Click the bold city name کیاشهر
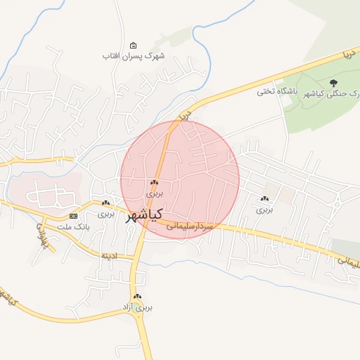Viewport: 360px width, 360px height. tap(143, 214)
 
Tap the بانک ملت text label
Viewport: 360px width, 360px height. tap(73, 227)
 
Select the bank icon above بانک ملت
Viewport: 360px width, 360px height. tap(73, 216)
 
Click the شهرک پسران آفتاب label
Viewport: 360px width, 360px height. tap(133, 56)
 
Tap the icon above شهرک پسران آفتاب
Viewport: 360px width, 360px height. tap(134, 46)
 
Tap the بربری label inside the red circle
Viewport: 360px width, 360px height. tap(154, 191)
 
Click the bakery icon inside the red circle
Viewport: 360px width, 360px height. tap(154, 181)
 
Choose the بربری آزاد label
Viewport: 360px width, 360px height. tap(137, 307)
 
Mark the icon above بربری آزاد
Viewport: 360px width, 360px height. tap(137, 297)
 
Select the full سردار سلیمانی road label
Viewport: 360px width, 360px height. tap(189, 227)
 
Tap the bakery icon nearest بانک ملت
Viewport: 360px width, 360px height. tap(105, 202)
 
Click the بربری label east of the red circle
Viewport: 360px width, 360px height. tap(264, 209)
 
